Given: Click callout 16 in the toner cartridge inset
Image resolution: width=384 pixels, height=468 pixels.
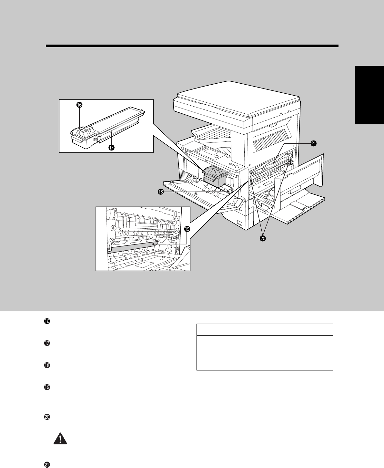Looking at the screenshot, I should coord(79,105).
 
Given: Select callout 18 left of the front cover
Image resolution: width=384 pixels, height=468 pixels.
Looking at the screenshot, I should coord(160,192).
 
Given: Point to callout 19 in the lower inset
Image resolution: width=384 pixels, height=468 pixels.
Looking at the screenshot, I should coord(187,229).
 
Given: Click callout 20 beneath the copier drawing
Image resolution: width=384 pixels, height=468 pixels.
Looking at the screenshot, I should coord(263,238).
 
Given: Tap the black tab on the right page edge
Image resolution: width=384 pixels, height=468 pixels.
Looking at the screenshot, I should coord(369,95).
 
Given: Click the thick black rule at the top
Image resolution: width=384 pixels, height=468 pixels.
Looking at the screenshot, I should coord(192,46).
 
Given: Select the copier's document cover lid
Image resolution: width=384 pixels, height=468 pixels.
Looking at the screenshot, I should coord(236,97).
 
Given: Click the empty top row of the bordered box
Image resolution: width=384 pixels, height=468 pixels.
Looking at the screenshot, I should coord(265,330).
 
